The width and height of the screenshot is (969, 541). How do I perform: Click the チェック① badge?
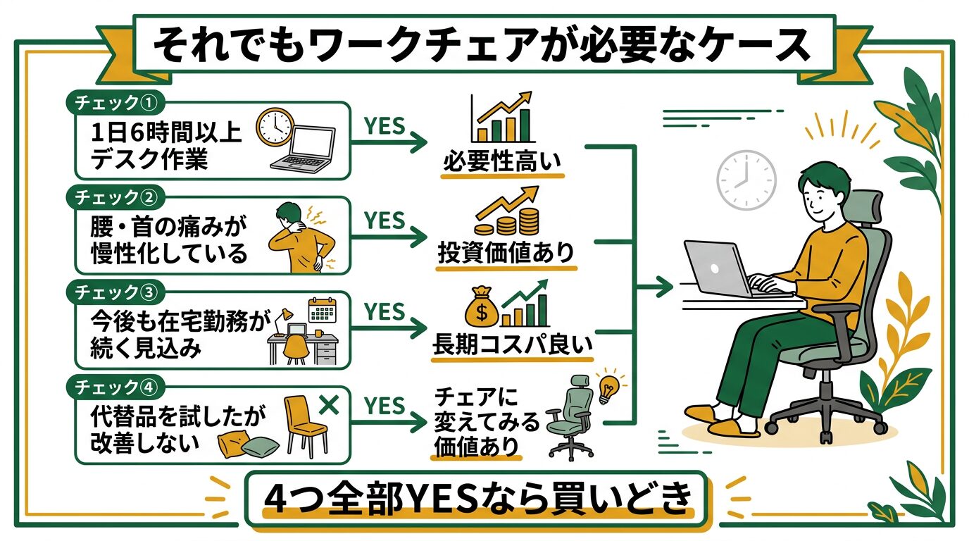pos(115,103)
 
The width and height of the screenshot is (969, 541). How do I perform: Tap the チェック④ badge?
pos(115,387)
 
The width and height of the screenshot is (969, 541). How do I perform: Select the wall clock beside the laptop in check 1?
pos(274,127)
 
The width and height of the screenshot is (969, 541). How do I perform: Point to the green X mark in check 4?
pos(329,405)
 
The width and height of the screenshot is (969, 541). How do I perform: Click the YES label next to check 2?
pos(385,220)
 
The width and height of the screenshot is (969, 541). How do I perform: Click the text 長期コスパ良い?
pos(512,347)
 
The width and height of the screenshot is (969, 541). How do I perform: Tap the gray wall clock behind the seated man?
pos(746,180)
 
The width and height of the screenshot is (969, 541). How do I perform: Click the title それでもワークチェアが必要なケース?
pos(482,46)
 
